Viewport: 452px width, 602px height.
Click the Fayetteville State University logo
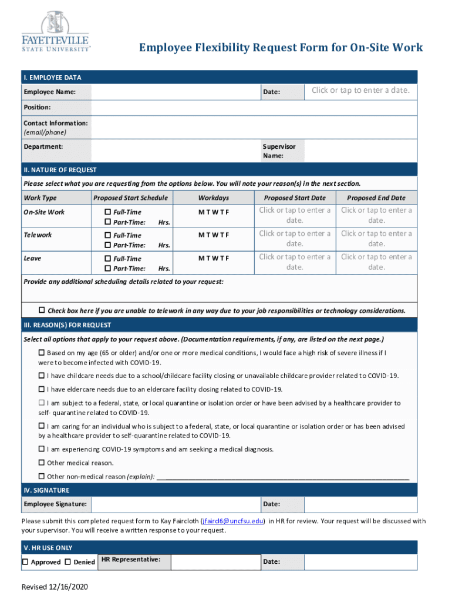pos(56,32)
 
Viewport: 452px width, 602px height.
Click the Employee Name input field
pos(176,92)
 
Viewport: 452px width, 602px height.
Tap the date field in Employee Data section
pos(360,91)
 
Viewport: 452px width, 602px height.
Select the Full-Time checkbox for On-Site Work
pos(107,212)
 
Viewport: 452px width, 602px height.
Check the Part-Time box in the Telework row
pos(107,245)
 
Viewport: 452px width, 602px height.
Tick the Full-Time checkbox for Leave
pos(107,259)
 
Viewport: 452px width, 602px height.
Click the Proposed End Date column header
pos(376,198)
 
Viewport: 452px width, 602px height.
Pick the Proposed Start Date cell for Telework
pos(294,239)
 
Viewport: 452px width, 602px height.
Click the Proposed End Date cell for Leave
pos(376,262)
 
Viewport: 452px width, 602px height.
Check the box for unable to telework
pos(42,310)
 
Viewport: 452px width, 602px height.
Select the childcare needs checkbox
pos(42,375)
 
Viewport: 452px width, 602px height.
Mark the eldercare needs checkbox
pos(42,389)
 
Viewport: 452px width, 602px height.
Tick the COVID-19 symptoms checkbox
pos(42,449)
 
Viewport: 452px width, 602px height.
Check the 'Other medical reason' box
pos(42,463)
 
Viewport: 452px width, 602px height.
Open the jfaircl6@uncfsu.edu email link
pos(232,521)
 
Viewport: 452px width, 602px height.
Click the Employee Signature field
pos(176,504)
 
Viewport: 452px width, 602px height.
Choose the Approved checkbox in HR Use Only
pos(25,562)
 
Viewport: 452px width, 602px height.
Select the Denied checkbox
pos(68,562)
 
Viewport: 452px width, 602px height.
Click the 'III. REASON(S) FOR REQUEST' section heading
pos(67,325)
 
